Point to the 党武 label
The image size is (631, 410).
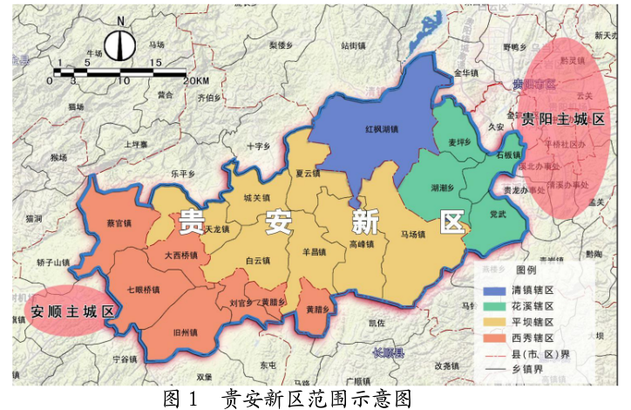tap(498, 214)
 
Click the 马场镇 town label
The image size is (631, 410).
tap(415, 235)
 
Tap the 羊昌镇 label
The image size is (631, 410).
tap(313, 253)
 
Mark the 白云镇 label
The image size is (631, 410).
tap(259, 260)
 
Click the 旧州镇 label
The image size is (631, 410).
tap(187, 332)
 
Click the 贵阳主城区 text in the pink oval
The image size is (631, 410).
tap(562, 119)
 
